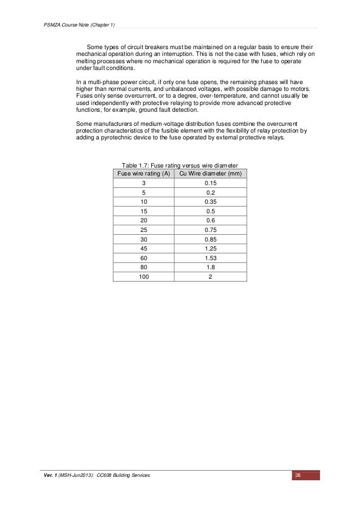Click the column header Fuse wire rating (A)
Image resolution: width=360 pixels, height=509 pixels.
point(143,174)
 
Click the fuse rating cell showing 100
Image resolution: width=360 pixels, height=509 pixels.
point(143,277)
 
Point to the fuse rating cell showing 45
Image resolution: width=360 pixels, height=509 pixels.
point(143,245)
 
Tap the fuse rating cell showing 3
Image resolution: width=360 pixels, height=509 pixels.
point(143,184)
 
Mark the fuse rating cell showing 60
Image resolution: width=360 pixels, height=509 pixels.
point(143,256)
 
